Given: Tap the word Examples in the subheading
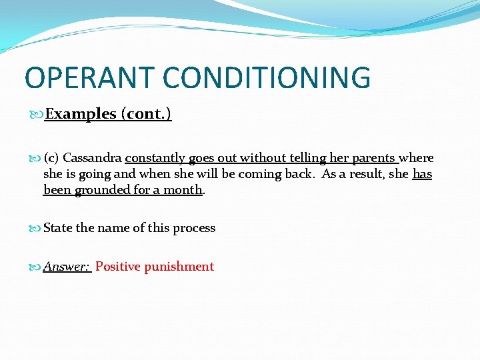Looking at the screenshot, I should click(x=81, y=114).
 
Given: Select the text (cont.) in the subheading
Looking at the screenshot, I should click(x=146, y=114).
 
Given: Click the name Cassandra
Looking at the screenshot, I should click(x=92, y=158).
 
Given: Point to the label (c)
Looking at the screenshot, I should click(x=51, y=158).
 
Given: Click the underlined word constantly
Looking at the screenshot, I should click(x=155, y=158).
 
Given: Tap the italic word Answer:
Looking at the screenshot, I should click(x=67, y=267).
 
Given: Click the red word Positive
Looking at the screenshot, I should click(x=118, y=267).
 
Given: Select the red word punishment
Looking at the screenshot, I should click(x=179, y=267).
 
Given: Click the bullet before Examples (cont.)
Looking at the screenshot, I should click(x=37, y=115).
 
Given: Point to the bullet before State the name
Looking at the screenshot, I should click(x=37, y=228).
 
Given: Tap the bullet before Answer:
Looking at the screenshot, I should click(x=37, y=267).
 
